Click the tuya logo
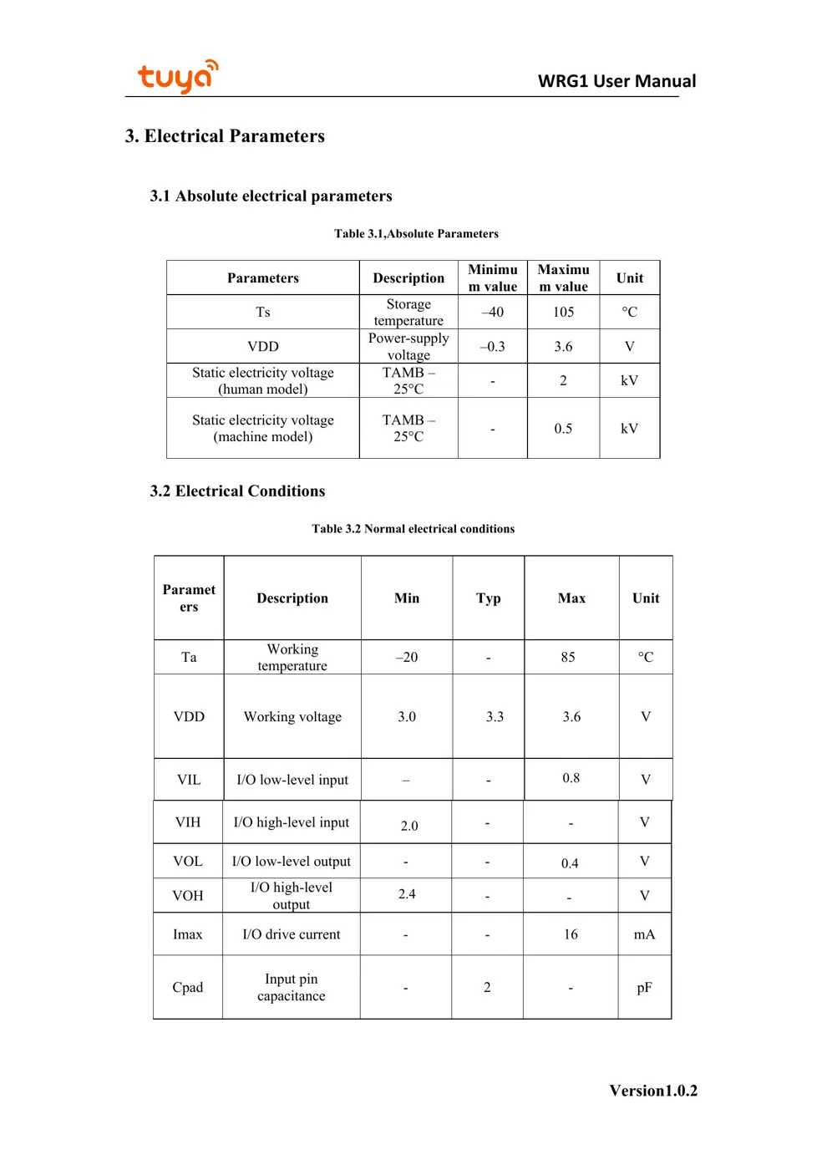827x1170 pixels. click(178, 77)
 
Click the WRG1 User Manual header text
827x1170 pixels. click(616, 81)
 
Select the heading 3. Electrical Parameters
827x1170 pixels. click(225, 136)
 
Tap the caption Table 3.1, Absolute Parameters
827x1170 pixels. click(416, 234)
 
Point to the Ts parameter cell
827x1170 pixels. click(263, 312)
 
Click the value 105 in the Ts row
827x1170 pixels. click(563, 312)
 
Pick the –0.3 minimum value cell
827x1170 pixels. click(492, 346)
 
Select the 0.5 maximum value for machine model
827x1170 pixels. click(563, 428)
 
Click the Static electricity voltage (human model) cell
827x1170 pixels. click(263, 380)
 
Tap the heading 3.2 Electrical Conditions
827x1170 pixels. click(237, 491)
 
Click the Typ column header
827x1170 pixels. click(489, 598)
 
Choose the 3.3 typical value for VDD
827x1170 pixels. click(495, 716)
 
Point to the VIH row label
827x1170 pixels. click(188, 822)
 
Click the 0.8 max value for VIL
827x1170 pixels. click(571, 778)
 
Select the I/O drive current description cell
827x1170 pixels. click(292, 934)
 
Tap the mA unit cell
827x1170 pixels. click(644, 934)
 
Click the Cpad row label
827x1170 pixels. click(188, 988)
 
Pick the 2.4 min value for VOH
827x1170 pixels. click(407, 894)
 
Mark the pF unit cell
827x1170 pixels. click(644, 988)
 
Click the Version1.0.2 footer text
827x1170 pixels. click(653, 1091)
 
